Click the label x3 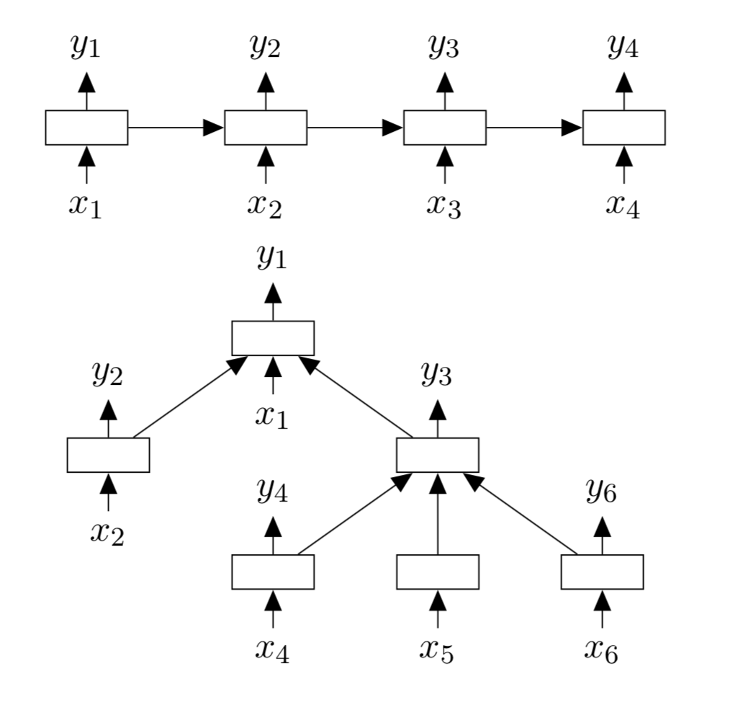click(x=443, y=205)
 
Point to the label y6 click(x=601, y=492)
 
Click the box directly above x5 click(x=438, y=572)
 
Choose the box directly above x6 click(x=602, y=572)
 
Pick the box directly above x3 click(x=444, y=128)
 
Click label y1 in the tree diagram click(x=272, y=257)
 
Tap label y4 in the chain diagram click(x=623, y=47)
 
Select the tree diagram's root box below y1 click(x=273, y=338)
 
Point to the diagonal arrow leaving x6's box click(x=521, y=515)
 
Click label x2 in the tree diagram click(x=107, y=532)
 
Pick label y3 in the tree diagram click(x=437, y=374)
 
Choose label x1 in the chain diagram click(x=86, y=205)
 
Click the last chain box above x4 click(x=623, y=128)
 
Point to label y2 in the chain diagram click(x=265, y=47)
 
